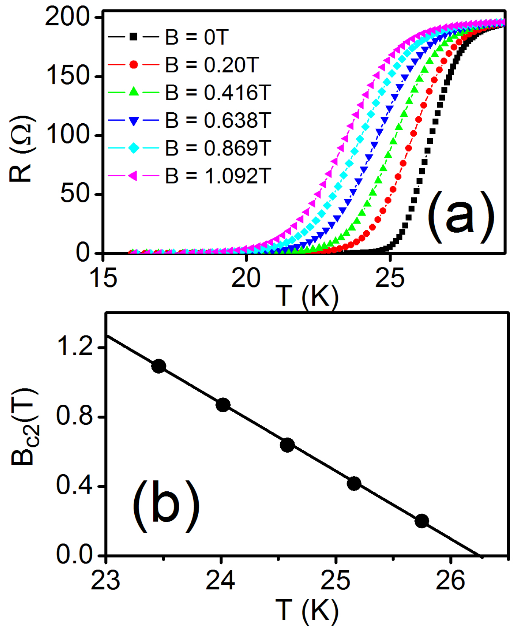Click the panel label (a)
460,216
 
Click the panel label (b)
166,506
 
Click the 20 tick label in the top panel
246,278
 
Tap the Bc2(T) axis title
23,427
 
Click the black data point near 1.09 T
159,366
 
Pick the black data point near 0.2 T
421,521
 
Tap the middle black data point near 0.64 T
287,445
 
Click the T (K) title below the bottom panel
306,610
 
